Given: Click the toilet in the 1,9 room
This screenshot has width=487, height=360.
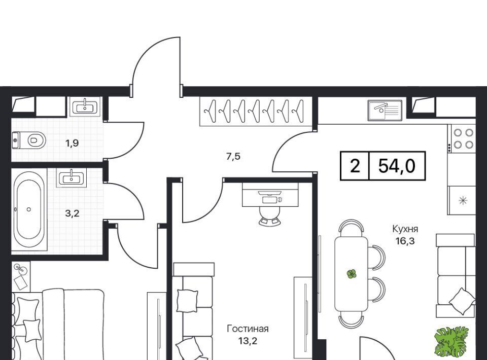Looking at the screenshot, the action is coord(29,140).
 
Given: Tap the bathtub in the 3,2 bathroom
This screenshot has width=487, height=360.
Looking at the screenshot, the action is coord(29,209).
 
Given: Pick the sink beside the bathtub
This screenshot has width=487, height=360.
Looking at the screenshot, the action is coord(72,177).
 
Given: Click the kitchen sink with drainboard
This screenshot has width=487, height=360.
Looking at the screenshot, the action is coord(385,110).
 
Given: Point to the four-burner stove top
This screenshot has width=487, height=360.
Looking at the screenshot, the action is coord(462,138).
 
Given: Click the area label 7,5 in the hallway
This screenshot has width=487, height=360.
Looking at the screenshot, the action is coord(233,156).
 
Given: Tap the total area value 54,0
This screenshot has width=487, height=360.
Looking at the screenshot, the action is coord(397,166).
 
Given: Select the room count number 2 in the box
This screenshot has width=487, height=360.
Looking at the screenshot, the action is coord(355,166).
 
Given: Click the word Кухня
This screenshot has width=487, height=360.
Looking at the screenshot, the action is coord(405,229).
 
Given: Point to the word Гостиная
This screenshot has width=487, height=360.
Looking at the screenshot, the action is coord(248,329).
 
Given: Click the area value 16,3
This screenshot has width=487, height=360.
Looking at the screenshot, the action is coord(405,241).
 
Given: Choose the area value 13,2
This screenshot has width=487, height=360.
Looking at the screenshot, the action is coord(248,341).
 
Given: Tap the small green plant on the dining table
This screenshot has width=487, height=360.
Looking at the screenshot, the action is coord(351,274).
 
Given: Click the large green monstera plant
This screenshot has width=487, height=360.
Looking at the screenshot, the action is coord(452,342).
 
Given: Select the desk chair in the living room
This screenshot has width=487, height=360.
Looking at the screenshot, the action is coord(269,215).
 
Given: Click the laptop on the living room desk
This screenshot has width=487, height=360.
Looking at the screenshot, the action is coord(269,197).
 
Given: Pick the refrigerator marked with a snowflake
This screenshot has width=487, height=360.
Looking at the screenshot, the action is coord(462,200).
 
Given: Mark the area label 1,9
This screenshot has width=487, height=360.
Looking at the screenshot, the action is coord(72,143).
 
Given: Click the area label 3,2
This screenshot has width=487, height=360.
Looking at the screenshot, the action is coord(72,213).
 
